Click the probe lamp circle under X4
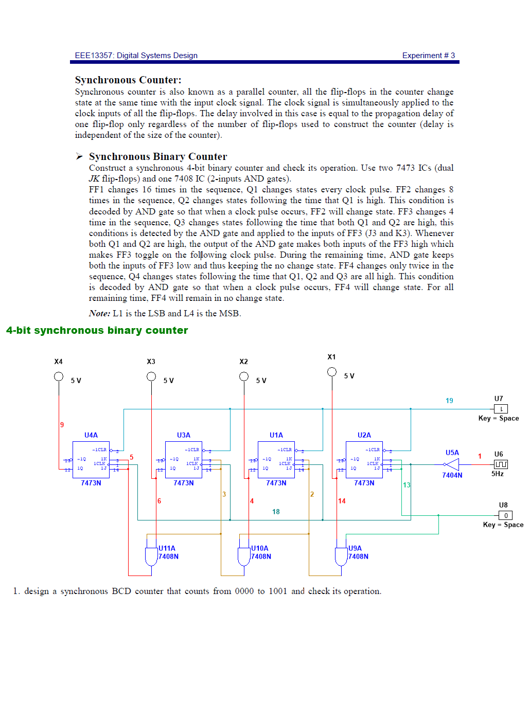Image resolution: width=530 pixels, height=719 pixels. pos(59,376)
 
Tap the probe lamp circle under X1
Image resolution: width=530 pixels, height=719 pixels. pos(332,372)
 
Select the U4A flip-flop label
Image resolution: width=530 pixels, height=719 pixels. pos(91,435)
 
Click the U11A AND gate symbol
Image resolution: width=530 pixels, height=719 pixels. pos(151,556)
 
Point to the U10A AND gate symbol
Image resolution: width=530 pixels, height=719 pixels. pos(244,556)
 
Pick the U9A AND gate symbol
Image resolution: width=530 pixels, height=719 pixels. pos(341,556)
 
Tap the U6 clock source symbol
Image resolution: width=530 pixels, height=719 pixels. pos(501,464)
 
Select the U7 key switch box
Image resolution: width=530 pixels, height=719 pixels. pos(501,409)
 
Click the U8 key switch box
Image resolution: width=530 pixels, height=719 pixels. pos(505,515)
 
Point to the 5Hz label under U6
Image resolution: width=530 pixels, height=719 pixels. pos(498,474)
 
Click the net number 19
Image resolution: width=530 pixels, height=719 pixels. pos(449,401)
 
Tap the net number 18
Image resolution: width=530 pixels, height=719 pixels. pos(276,512)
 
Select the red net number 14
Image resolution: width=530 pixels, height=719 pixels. pos(342,501)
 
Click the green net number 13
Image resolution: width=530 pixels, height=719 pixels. pos(407,485)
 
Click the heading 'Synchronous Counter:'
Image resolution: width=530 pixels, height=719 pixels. pos(128,80)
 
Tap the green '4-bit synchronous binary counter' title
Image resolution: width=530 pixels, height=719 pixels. pos(97,330)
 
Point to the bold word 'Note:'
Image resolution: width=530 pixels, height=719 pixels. pos(99,313)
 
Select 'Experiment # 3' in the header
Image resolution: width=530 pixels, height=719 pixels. pos(428,56)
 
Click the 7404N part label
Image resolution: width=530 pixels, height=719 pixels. pos(452,475)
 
